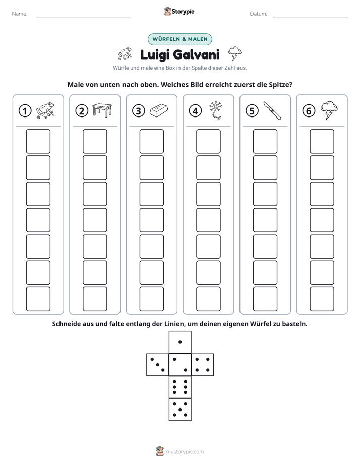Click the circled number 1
click(x=25, y=111)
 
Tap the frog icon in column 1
click(x=45, y=110)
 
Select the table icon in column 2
click(x=102, y=110)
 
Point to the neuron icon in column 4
click(x=216, y=110)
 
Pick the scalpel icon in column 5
click(x=272, y=110)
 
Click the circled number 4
click(x=195, y=111)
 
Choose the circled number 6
click(x=309, y=111)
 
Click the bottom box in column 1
click(x=38, y=299)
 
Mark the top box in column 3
click(x=151, y=141)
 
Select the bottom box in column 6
click(x=322, y=299)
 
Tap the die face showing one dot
click(x=180, y=342)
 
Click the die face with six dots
click(x=180, y=387)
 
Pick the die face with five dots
click(x=180, y=410)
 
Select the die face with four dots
click(x=203, y=365)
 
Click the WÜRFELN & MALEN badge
click(x=180, y=39)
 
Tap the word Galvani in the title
click(x=196, y=54)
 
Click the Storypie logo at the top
click(x=179, y=11)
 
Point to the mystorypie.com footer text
click(x=185, y=452)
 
